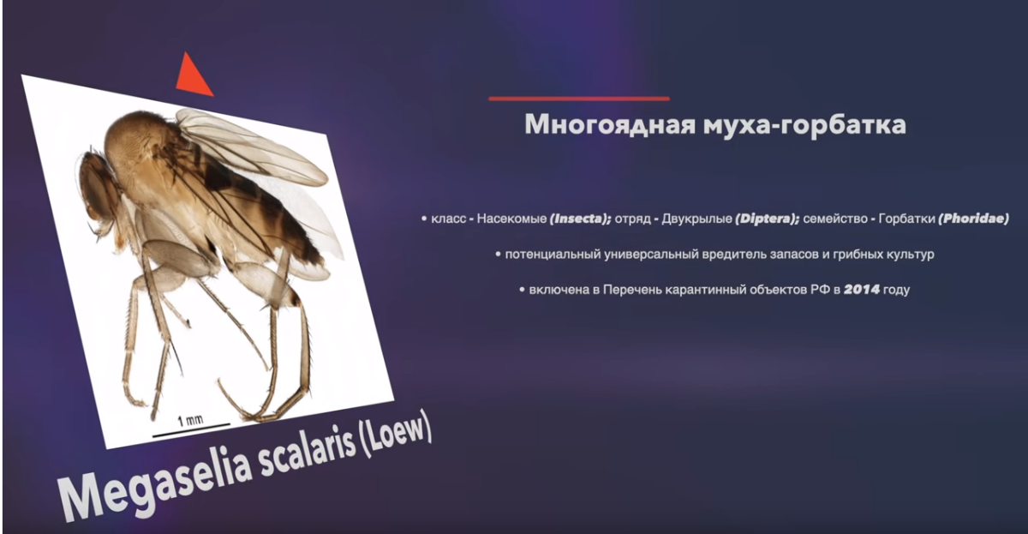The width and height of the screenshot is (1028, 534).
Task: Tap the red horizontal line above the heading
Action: pos(578,99)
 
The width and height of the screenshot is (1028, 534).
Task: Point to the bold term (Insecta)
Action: pos(580,219)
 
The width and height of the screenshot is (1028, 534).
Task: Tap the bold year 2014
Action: pos(861,290)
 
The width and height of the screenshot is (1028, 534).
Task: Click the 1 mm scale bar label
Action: pos(190,420)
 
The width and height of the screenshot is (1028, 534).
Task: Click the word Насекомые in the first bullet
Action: pos(511,219)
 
